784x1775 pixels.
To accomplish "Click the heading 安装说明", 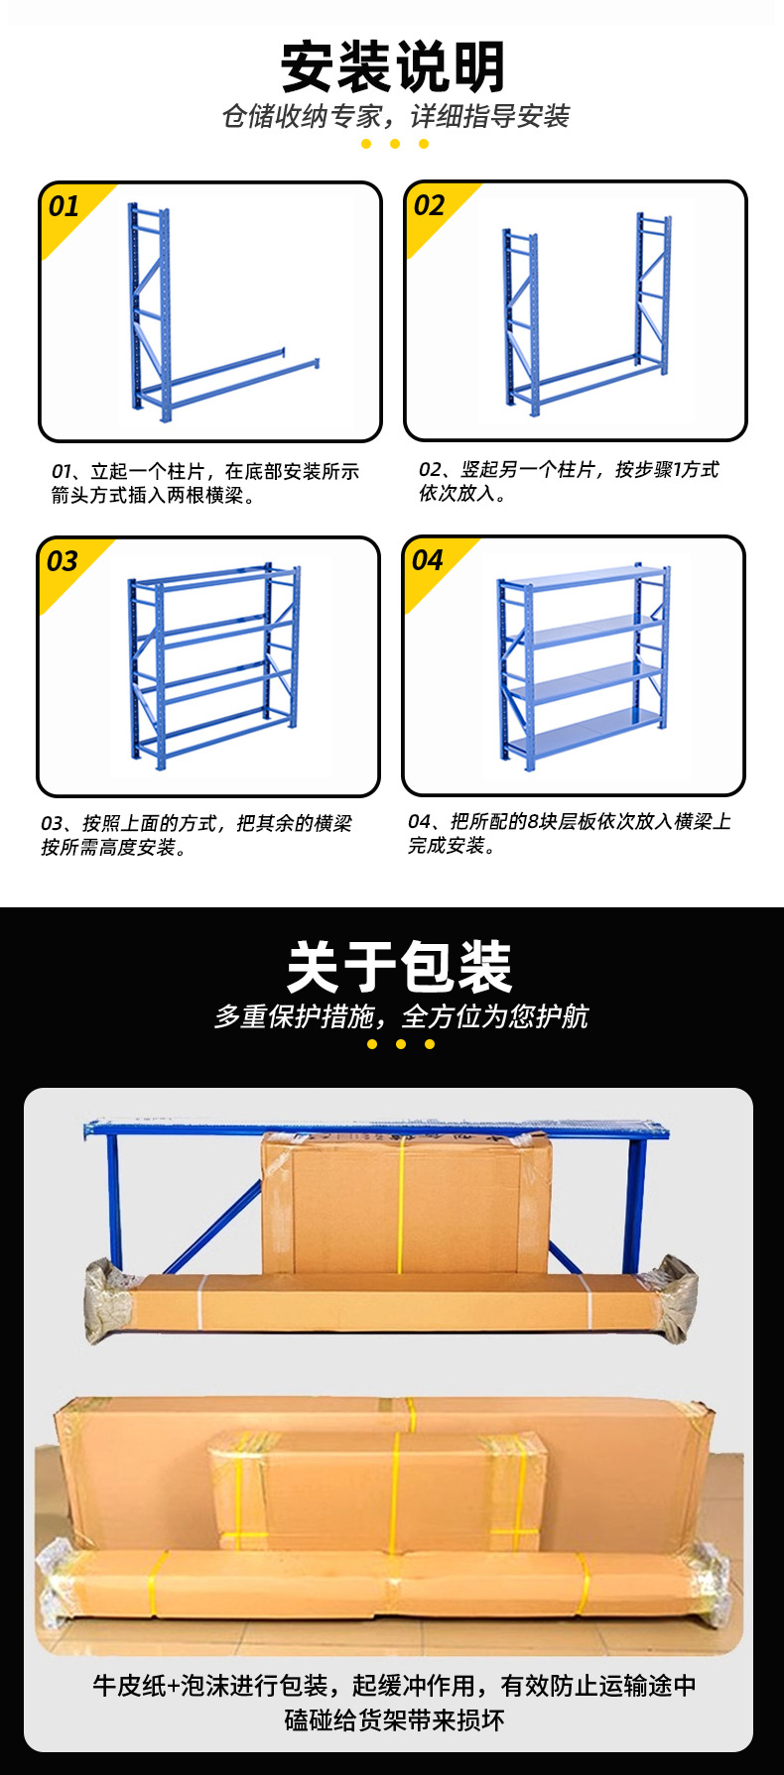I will pos(393,66).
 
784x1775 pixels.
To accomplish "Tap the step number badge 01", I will pos(64,206).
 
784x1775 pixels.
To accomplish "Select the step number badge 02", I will pos(429,205).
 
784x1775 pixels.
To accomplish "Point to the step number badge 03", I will pos(62,561).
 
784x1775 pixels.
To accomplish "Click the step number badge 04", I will pos(427,560).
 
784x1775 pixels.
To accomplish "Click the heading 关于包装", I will pos(399,967).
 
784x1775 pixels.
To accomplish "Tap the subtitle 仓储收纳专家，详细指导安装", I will pos(395,117).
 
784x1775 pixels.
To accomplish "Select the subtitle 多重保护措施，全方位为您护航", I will pos(401,1016).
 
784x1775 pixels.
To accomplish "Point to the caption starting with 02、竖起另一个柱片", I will pos(568,481).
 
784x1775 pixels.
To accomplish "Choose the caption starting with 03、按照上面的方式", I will pos(196,835).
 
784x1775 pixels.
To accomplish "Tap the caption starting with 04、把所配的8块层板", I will pos(569,833).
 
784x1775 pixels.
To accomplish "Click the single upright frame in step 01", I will pos(149,307).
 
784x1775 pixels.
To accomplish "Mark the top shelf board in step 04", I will pos(584,578).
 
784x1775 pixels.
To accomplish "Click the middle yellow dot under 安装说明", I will pos(394,144).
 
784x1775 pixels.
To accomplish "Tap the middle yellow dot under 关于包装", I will pos(401,1044).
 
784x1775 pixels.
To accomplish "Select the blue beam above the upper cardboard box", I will pos(377,1128).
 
